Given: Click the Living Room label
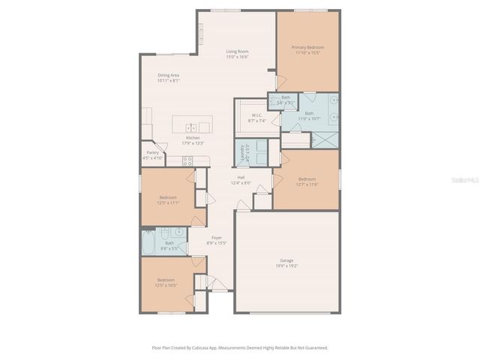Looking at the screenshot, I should tap(238, 52).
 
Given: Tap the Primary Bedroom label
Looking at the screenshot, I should tap(307, 47).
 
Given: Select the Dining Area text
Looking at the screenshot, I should tap(168, 75).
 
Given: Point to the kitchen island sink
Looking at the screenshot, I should tap(193, 127).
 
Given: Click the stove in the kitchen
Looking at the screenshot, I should tap(187, 160).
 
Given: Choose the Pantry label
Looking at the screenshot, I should tap(152, 152).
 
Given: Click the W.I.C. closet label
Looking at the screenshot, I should tap(256, 115).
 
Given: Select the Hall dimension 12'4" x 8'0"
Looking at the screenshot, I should tap(241, 183).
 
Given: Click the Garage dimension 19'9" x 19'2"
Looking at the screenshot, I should tap(286, 265).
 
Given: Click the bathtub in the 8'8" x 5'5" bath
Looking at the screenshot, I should tap(148, 242).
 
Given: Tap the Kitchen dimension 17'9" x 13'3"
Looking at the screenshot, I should tap(193, 142).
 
